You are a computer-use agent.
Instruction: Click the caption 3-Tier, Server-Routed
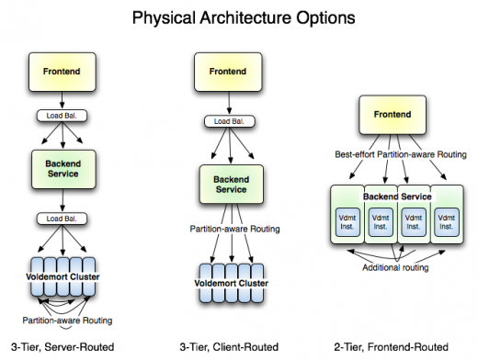60,347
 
